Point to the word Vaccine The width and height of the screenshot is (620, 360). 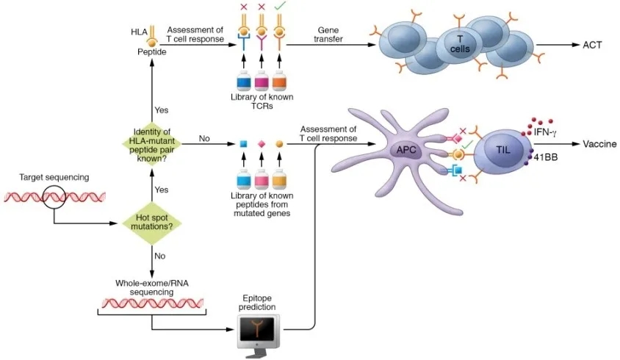[x=599, y=144]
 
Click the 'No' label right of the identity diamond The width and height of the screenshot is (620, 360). [x=205, y=137]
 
